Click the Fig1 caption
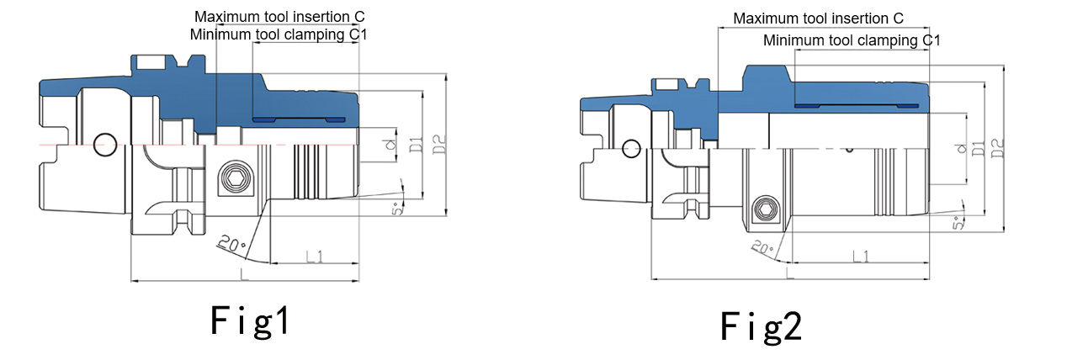pyautogui.click(x=250, y=321)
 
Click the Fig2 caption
pyautogui.click(x=761, y=326)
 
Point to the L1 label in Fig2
pyautogui.click(x=861, y=256)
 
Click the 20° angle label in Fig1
pyautogui.click(x=231, y=245)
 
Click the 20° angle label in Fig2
pyautogui.click(x=762, y=248)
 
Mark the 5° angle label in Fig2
pyautogui.click(x=958, y=223)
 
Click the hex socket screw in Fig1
pyautogui.click(x=232, y=178)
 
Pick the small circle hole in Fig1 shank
pyautogui.click(x=105, y=143)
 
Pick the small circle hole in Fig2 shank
pyautogui.click(x=629, y=149)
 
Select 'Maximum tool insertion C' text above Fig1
pyautogui.click(x=279, y=17)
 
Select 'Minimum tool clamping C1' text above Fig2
pyautogui.click(x=852, y=40)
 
